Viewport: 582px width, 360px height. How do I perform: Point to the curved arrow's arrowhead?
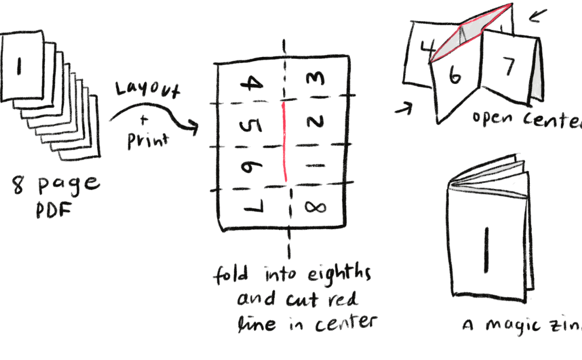tap(194, 127)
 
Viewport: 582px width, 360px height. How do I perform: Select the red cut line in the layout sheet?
tap(284, 141)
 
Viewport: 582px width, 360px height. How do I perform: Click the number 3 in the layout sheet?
tap(315, 78)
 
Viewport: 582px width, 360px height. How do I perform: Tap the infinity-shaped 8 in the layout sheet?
tap(315, 207)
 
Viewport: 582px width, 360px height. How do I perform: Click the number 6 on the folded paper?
tap(455, 77)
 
